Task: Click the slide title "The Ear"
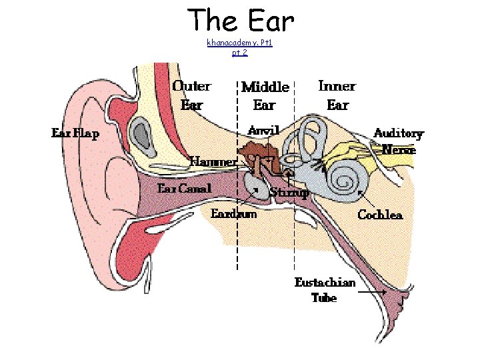(x=241, y=21)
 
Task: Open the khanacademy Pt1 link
(x=240, y=43)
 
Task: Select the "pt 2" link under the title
(x=240, y=52)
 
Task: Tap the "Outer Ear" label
(x=192, y=95)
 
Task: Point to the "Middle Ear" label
(x=265, y=95)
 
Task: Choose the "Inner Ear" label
(x=337, y=95)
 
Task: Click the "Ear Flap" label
(x=75, y=133)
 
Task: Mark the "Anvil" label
(x=263, y=129)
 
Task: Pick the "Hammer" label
(x=213, y=161)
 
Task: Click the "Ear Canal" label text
(x=184, y=188)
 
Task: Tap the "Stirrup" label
(x=289, y=193)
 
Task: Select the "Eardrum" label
(x=233, y=214)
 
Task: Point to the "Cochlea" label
(x=380, y=215)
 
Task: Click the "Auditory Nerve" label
(x=399, y=141)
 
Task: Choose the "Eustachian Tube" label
(x=325, y=289)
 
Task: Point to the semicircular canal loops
(x=311, y=137)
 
